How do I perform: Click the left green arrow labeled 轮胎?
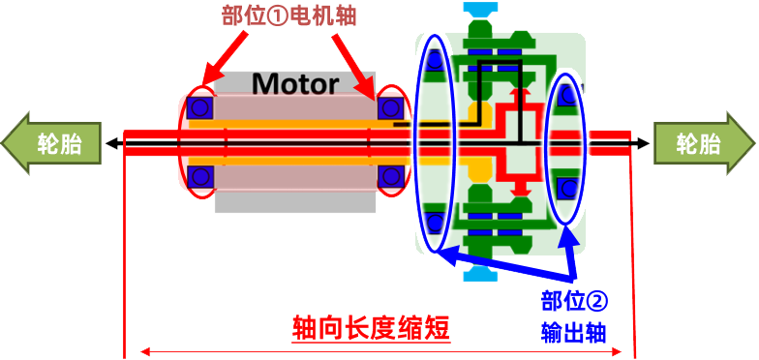[x=52, y=144]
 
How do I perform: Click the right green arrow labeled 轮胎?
[x=704, y=144]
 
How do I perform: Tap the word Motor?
[x=295, y=83]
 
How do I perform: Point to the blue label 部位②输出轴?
[x=574, y=315]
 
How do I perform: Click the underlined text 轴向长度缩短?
[x=372, y=328]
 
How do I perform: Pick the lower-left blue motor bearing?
[x=200, y=176]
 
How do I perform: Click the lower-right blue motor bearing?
[x=391, y=176]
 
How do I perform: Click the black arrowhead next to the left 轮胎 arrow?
[x=111, y=144]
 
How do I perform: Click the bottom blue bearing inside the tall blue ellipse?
[x=435, y=222]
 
